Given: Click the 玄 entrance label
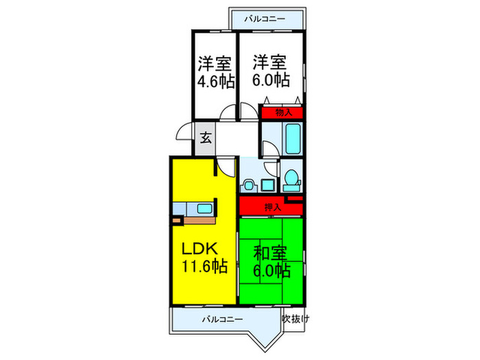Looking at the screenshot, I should tap(205, 137).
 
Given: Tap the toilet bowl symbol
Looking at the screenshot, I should tap(291, 180).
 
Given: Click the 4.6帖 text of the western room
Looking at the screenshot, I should tap(215, 80).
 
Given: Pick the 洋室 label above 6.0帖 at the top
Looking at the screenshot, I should tap(267, 62).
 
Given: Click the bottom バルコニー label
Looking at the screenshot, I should tap(222, 319).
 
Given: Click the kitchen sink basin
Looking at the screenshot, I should tap(204, 209).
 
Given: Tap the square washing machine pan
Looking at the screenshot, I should tap(266, 183).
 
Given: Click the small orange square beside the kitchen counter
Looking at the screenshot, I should tap(177, 221).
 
